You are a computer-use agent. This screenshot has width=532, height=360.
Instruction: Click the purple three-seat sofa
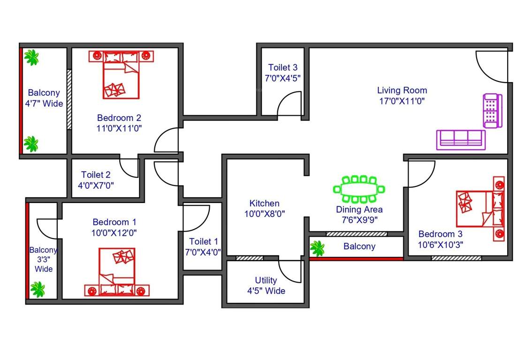pyautogui.click(x=461, y=140)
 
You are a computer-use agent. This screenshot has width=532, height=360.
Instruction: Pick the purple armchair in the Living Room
pyautogui.click(x=492, y=111)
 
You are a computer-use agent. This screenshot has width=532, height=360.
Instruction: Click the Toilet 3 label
pyautogui.click(x=283, y=67)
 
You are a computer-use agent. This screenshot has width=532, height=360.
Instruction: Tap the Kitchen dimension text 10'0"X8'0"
pyautogui.click(x=264, y=214)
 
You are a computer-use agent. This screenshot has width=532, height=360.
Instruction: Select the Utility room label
pyautogui.click(x=266, y=280)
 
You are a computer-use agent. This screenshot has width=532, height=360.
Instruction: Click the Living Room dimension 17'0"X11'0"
pyautogui.click(x=402, y=101)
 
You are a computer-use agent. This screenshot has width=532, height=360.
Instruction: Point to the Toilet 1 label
pyautogui.click(x=203, y=241)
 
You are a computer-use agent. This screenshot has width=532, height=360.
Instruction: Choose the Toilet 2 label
pyautogui.click(x=96, y=175)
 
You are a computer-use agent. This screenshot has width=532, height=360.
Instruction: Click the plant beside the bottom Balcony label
pyautogui.click(x=318, y=248)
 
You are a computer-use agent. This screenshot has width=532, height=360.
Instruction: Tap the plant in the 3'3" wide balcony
pyautogui.click(x=37, y=289)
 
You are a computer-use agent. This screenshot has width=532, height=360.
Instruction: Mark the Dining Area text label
pyautogui.click(x=359, y=210)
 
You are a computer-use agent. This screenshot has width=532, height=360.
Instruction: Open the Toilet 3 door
pyautogui.click(x=289, y=104)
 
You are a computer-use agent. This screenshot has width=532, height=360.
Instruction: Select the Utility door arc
pyautogui.click(x=291, y=271)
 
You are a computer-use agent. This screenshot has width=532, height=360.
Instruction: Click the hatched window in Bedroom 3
pyautogui.click(x=456, y=258)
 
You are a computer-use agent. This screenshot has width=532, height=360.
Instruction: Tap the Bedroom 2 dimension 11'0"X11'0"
pyautogui.click(x=119, y=127)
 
